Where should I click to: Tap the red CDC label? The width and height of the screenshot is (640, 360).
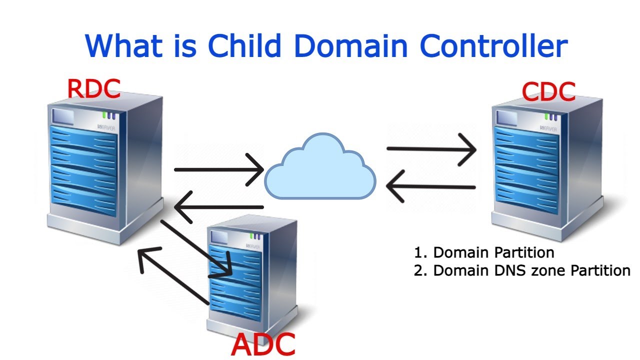pyautogui.click(x=548, y=91)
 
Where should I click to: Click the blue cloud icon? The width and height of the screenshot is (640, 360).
pyautogui.click(x=320, y=167)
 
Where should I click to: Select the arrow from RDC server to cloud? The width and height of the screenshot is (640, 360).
pyautogui.click(x=218, y=170)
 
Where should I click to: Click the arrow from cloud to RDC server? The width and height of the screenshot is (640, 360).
pyautogui.click(x=218, y=207)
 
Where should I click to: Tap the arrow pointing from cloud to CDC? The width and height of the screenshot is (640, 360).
pyautogui.click(x=431, y=148)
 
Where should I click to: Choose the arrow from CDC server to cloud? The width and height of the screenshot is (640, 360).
pyautogui.click(x=431, y=187)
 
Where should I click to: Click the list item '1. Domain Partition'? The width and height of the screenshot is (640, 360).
pyautogui.click(x=484, y=252)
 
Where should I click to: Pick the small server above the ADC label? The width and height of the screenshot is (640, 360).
pyautogui.click(x=252, y=275)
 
